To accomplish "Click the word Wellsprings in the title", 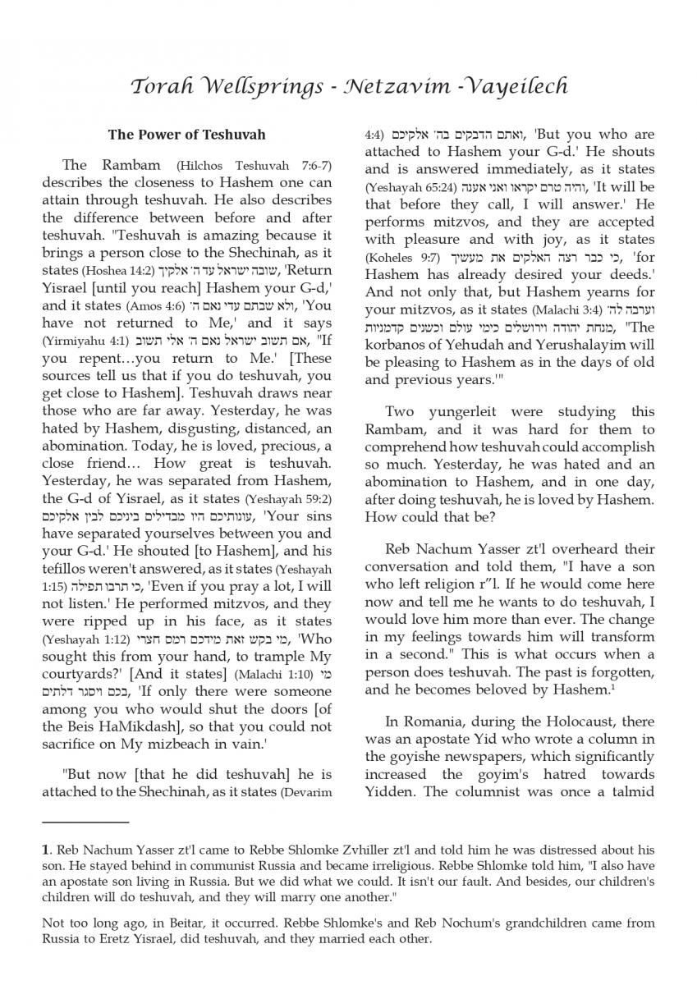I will [249, 87].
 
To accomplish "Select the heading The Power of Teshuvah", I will [186, 134].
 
